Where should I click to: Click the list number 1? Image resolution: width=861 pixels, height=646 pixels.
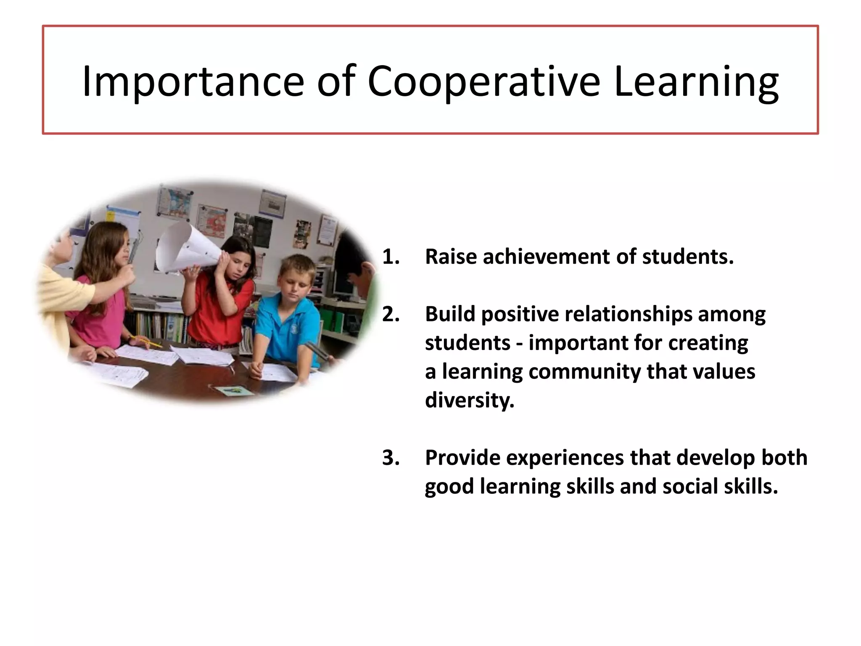(x=391, y=257)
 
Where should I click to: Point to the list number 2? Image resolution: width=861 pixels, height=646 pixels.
(x=391, y=314)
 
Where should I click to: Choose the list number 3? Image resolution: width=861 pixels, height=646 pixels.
(x=391, y=458)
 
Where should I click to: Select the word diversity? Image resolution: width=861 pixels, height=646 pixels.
(x=469, y=400)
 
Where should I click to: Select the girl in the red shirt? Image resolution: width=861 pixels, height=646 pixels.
(x=223, y=294)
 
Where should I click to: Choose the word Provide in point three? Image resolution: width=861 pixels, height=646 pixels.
(x=462, y=458)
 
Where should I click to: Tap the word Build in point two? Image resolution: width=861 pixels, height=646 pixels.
(x=450, y=314)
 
